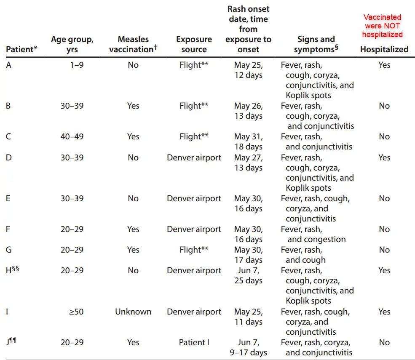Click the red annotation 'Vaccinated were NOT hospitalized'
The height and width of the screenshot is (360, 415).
383,26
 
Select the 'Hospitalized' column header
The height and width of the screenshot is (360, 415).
384,49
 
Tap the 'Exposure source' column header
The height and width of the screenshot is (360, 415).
194,44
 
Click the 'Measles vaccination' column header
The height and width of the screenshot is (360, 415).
133,44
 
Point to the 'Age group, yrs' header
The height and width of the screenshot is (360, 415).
72,44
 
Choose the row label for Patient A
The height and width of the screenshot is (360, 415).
9,65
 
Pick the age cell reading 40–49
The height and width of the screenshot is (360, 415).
72,136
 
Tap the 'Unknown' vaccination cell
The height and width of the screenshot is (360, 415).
133,312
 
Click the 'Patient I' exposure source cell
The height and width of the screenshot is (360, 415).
194,342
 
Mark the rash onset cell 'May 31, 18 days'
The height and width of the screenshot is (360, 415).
248,141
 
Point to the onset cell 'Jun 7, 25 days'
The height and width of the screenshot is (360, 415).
248,275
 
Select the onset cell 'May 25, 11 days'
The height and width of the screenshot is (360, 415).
248,317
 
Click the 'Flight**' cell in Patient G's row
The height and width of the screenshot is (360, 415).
194,250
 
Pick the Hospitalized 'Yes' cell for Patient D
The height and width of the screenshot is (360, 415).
384,157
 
